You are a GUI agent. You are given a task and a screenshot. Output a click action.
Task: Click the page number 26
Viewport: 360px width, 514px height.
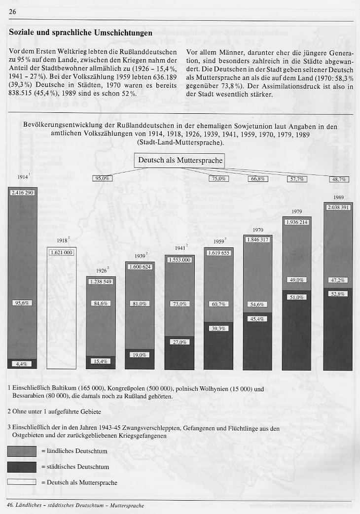[13, 12]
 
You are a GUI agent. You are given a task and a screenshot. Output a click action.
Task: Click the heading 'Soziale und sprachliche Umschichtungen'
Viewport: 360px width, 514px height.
[80, 33]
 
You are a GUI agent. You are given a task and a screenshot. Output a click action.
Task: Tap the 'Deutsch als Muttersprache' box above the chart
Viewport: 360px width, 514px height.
[180, 160]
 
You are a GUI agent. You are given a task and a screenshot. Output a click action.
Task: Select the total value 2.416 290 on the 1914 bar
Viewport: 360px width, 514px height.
[22, 193]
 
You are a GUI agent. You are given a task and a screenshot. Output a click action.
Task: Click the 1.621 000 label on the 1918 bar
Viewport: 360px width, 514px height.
[61, 252]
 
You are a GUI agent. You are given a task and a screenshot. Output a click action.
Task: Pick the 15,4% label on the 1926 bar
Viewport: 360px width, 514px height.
[101, 361]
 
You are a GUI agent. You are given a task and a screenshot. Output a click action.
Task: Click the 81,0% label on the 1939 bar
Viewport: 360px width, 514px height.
[140, 304]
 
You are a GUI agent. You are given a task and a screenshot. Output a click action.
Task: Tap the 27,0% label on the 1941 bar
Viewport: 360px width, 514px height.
[179, 342]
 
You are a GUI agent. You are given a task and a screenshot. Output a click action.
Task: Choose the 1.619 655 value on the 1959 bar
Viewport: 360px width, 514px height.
[218, 253]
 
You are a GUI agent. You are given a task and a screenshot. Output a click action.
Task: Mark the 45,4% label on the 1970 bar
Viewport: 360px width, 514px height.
[257, 319]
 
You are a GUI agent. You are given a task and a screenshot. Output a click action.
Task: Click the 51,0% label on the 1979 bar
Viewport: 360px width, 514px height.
[297, 297]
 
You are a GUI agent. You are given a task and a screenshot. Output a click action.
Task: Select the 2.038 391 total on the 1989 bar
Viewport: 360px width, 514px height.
[338, 207]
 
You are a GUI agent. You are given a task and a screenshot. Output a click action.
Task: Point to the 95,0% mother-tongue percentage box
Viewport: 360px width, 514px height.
[102, 178]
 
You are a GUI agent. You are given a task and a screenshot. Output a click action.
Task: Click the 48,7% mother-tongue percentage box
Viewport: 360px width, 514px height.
[339, 179]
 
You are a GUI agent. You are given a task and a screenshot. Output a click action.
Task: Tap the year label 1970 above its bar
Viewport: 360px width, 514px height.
[258, 230]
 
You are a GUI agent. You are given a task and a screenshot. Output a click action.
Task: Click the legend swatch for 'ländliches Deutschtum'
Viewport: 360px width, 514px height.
[22, 451]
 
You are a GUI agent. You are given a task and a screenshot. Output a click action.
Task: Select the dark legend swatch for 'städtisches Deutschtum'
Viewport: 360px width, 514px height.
[22, 467]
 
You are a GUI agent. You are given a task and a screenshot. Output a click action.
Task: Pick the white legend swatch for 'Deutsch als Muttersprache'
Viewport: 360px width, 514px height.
[22, 482]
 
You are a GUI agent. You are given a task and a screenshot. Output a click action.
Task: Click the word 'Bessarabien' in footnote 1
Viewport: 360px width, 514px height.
[28, 396]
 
